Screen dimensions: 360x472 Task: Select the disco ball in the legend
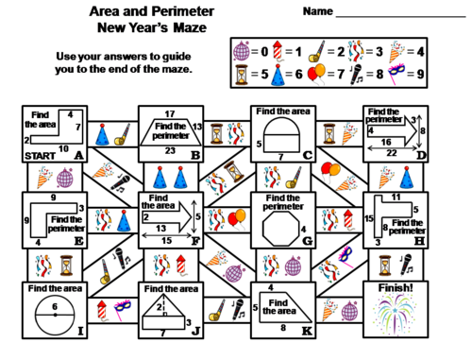(x=241, y=46)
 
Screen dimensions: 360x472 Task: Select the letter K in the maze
(x=306, y=331)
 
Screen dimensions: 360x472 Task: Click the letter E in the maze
(x=77, y=243)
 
